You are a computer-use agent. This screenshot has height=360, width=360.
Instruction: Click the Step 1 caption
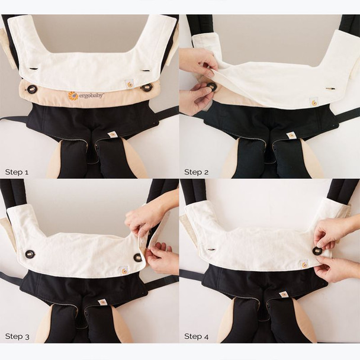coord(17,172)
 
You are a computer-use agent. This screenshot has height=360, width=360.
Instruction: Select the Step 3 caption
coord(17,336)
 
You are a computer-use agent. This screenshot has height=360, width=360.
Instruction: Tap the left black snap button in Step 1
coord(31,89)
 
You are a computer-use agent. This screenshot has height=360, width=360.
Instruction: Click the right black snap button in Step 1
coord(146,88)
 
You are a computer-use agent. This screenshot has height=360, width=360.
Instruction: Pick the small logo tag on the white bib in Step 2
coord(314,102)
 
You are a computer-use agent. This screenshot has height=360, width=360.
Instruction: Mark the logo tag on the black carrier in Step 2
coord(291,135)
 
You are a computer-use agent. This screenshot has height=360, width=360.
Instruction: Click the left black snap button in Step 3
coord(30,254)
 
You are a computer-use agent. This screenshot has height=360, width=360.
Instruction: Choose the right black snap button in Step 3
coord(138,258)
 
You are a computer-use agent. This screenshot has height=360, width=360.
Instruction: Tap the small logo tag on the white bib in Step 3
coord(124,271)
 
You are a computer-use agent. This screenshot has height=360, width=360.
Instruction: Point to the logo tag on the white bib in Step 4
coord(304,264)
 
